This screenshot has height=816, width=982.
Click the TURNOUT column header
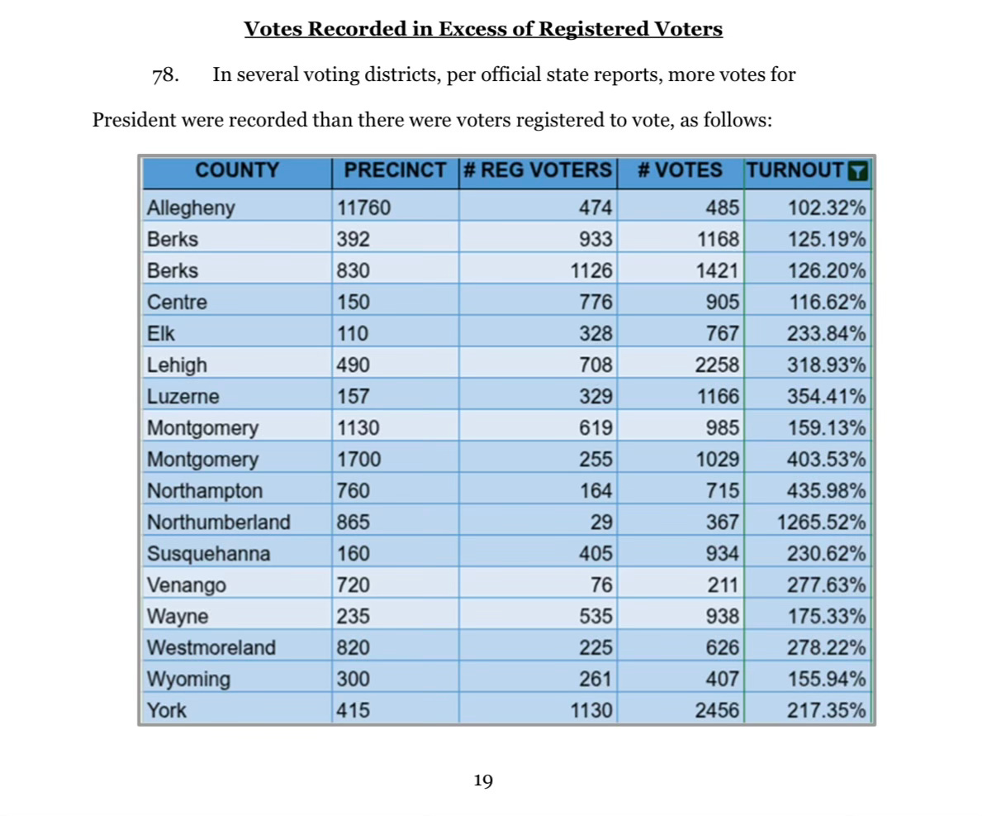coord(795,171)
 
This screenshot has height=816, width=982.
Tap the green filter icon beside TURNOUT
coord(858,171)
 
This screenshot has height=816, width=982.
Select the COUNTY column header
coord(237,171)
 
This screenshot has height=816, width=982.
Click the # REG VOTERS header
coord(537,171)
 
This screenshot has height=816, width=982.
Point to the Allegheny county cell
coord(191,208)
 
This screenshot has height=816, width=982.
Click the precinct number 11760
coord(363,208)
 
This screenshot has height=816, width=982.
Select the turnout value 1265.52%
coord(822,523)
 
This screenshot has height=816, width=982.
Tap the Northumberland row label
coord(219,523)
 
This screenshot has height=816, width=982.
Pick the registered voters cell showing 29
coord(602,523)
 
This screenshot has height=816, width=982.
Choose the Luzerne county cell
coord(183,397)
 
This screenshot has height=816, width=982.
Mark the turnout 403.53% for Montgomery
coord(827,460)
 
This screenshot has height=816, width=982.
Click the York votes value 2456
coord(717,710)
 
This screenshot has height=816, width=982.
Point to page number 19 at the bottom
coord(483,780)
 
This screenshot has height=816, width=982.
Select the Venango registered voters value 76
coord(602,585)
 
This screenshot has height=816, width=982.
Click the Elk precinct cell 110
coord(353,334)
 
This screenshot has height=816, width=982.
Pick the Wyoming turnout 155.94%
coord(827,680)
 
